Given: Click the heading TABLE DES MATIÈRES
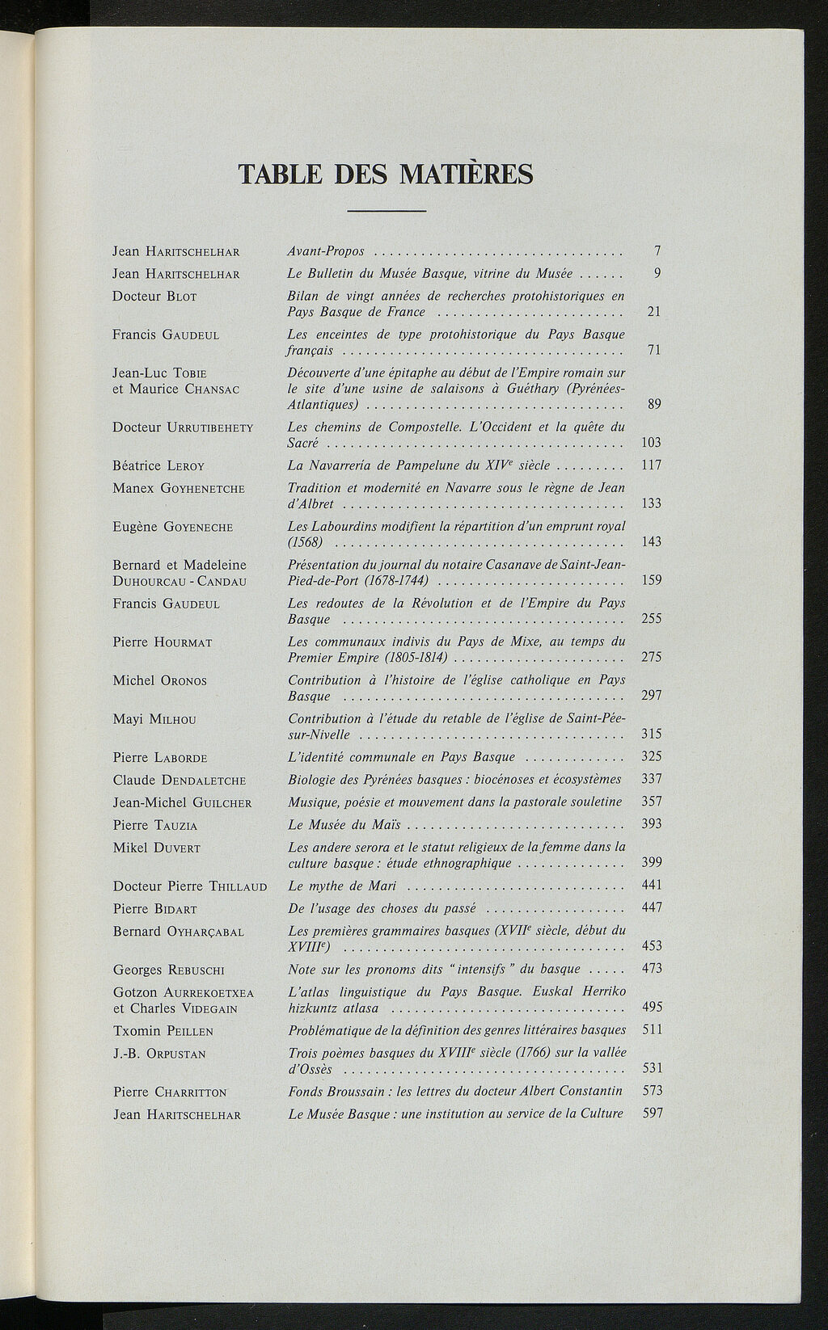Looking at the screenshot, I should tap(386, 174).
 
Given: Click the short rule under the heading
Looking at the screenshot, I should tap(386, 212).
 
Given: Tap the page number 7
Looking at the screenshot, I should tap(657, 251).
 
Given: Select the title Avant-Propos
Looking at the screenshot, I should tap(326, 251).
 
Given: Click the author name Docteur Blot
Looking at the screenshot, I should tap(154, 297).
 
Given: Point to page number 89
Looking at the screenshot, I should tap(654, 404).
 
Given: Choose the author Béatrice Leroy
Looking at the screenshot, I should tap(158, 465).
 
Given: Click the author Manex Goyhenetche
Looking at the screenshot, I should tap(178, 488).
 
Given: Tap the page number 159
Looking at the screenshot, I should tap(651, 580).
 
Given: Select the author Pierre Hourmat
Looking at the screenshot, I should tap(162, 642).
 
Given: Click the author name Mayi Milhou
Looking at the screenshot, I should tap(154, 719).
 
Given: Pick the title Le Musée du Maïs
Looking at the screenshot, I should tap(344, 825).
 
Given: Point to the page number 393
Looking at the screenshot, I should tap(651, 823).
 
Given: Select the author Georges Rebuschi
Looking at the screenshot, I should tap(168, 970).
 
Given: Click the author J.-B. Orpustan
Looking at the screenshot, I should tap(159, 1054).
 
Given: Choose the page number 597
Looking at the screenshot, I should tap(652, 1113).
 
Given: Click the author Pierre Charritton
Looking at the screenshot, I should tap(169, 1092).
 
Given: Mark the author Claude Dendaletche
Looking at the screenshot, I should tap(179, 781).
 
